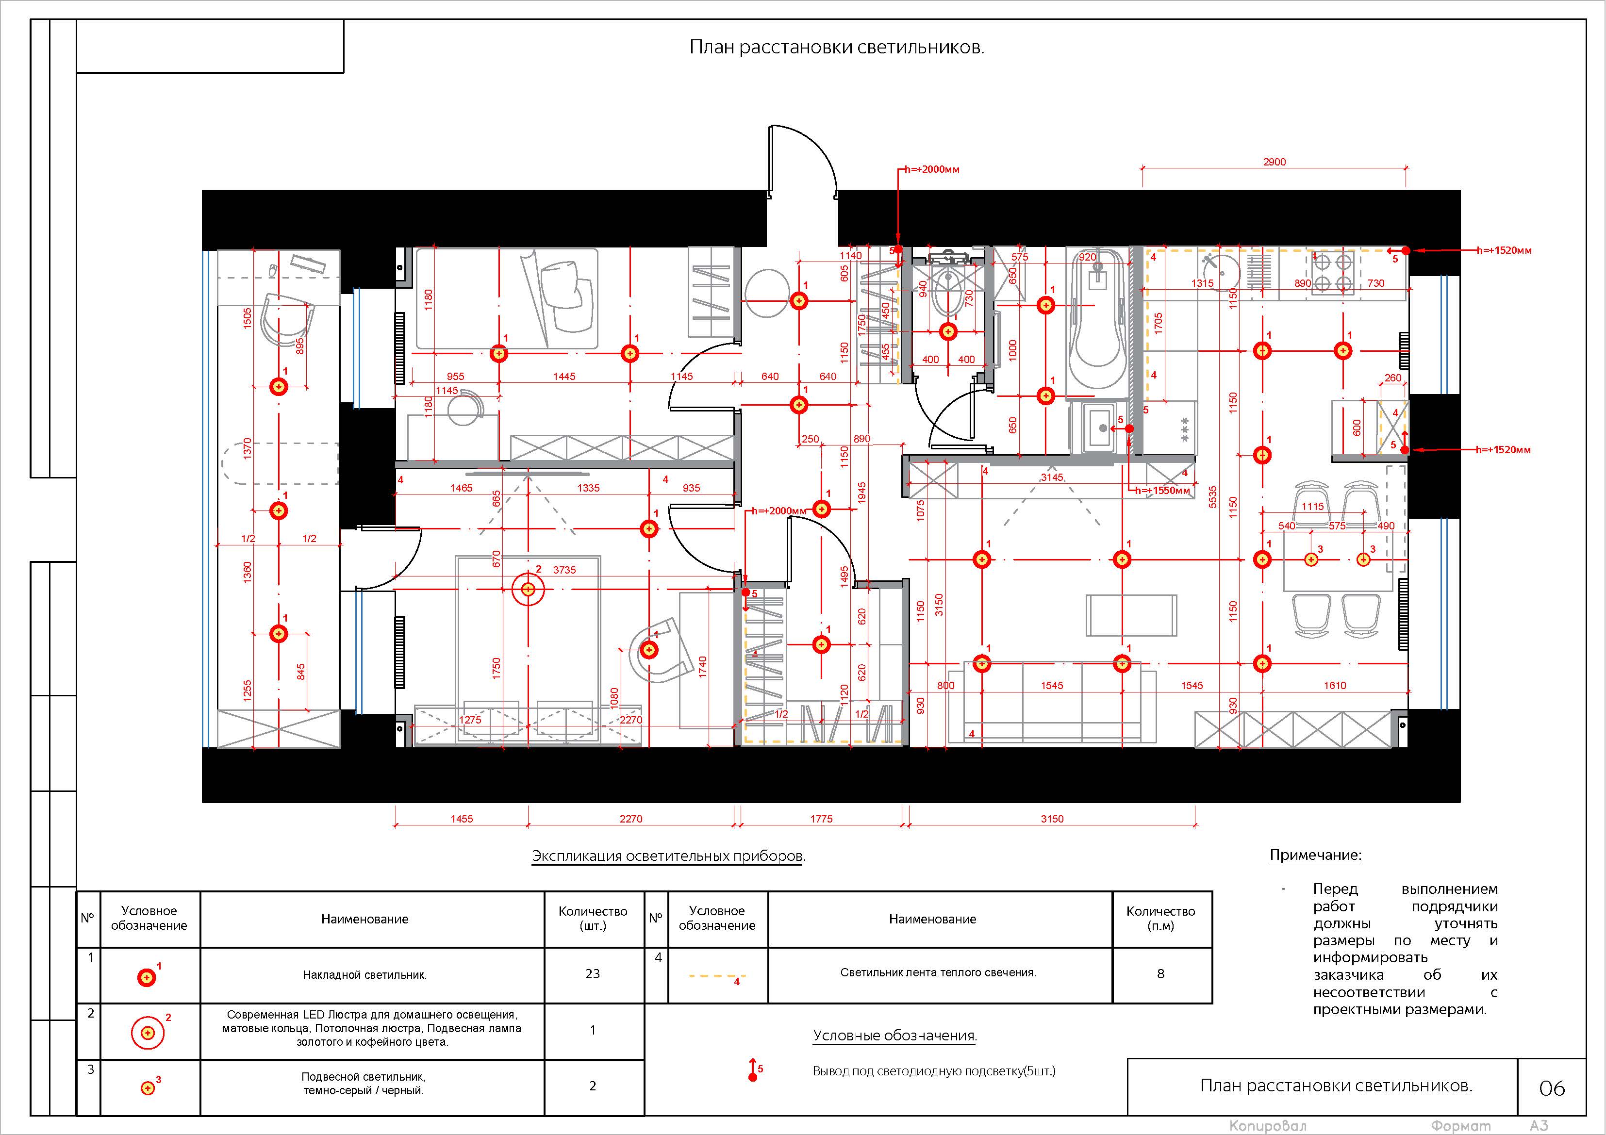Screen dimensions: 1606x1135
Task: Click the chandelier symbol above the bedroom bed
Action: point(528,590)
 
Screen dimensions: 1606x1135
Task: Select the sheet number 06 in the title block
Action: point(1552,1088)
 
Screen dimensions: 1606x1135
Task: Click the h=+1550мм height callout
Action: point(1162,490)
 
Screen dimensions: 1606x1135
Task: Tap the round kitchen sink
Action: point(1221,270)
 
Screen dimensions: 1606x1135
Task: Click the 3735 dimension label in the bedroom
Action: point(564,570)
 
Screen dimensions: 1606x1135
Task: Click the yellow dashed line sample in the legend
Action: point(717,975)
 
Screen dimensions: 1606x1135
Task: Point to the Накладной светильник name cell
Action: point(364,975)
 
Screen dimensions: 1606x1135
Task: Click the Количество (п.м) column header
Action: point(1160,918)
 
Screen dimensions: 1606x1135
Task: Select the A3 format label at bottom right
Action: point(1539,1126)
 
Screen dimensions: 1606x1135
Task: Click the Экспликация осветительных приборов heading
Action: point(669,856)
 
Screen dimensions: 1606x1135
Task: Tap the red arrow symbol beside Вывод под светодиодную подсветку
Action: point(753,1070)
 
